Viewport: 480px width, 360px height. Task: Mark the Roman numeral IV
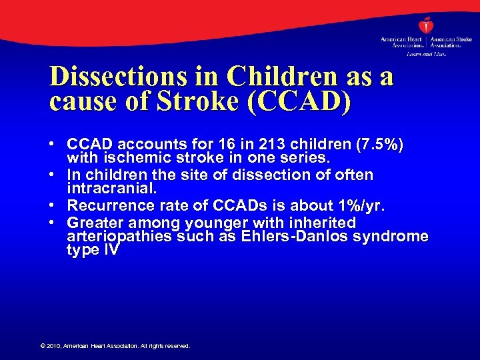point(111,250)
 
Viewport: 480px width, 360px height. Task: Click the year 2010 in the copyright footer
point(53,346)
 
